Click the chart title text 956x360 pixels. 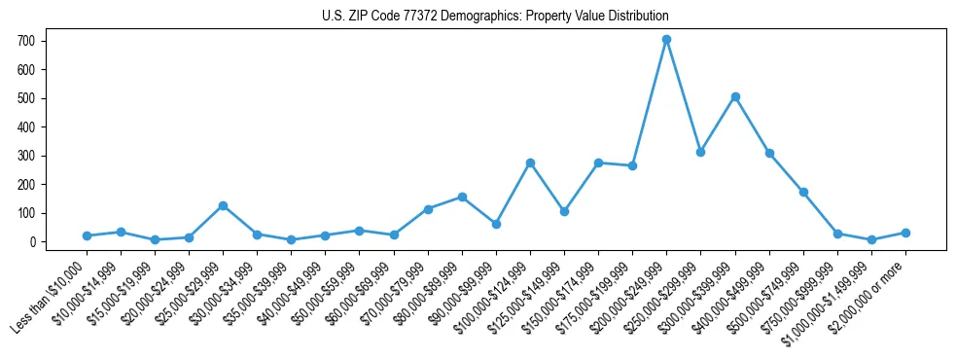point(495,17)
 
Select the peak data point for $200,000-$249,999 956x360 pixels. point(666,40)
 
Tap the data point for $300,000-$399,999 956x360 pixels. point(735,96)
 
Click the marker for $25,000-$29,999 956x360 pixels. point(223,205)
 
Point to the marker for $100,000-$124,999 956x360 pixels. point(530,162)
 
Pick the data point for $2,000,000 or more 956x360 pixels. point(905,233)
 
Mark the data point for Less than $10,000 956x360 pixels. point(87,235)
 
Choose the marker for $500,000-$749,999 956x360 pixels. point(803,192)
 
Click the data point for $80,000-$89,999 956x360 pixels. point(462,197)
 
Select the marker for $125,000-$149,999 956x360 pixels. point(564,211)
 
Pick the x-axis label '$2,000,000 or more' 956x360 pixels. point(868,298)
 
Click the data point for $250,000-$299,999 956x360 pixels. point(700,152)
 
